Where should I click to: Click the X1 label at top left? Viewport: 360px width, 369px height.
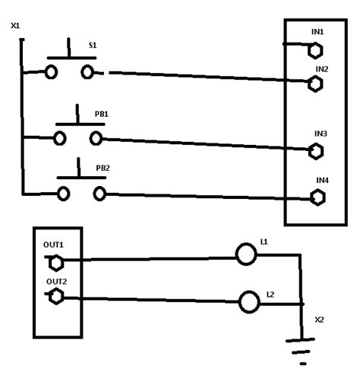click(x=16, y=27)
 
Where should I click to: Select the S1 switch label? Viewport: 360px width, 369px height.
click(x=92, y=46)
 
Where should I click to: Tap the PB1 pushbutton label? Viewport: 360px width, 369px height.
click(x=100, y=113)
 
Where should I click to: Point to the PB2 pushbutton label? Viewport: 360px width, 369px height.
click(x=103, y=167)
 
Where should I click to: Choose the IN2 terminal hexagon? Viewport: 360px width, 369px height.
click(x=315, y=84)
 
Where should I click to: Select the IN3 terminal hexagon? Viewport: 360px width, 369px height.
click(x=315, y=150)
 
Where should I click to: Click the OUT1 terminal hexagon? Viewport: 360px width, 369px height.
click(x=55, y=262)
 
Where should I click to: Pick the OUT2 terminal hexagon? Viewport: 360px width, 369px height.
click(x=55, y=297)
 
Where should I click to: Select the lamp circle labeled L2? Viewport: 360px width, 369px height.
click(x=249, y=302)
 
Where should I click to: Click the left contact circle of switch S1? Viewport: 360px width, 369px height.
click(x=52, y=72)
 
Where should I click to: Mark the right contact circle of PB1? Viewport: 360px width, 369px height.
click(x=96, y=138)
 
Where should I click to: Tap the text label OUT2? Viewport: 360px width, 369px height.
click(x=56, y=282)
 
